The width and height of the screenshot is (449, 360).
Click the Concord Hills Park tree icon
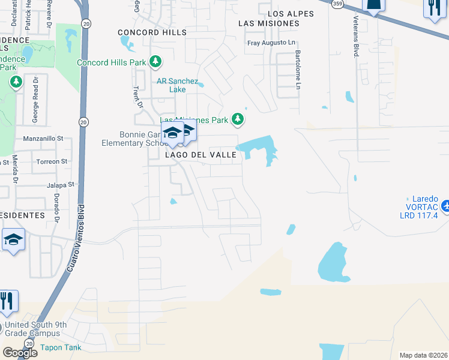tap(155, 62)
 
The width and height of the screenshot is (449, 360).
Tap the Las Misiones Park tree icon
tap(238, 119)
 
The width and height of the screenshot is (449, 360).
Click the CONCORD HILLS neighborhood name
tap(152, 32)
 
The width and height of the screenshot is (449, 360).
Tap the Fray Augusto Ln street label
tap(272, 43)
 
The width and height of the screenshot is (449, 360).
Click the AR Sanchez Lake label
tap(177, 85)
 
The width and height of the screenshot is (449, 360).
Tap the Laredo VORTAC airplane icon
tap(445, 206)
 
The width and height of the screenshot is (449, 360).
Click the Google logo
tap(20, 353)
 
